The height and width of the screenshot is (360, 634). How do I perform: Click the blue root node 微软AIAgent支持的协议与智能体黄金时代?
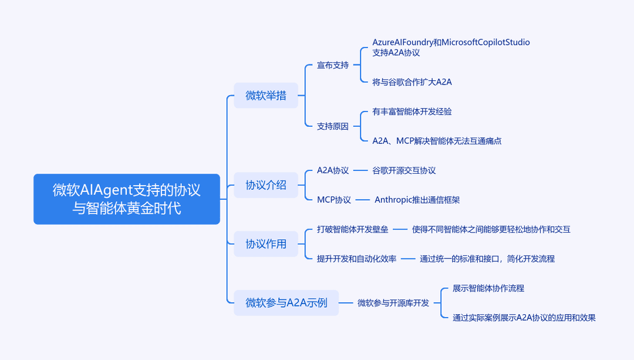click(127, 199)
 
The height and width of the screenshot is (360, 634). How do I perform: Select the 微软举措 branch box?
click(266, 96)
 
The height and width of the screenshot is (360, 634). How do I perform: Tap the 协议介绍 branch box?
click(266, 185)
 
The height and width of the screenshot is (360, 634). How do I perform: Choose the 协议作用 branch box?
click(266, 244)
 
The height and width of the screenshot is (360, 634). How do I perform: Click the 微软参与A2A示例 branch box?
click(286, 302)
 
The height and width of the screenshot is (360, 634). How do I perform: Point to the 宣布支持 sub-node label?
click(333, 65)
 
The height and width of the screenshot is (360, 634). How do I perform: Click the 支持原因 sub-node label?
click(333, 126)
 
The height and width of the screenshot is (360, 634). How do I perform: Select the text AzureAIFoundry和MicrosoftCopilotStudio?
click(451, 42)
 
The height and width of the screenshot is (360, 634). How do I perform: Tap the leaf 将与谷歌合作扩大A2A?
click(412, 82)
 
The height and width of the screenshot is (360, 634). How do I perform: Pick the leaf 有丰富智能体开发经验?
click(412, 112)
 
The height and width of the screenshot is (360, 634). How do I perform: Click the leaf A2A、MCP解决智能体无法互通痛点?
click(437, 141)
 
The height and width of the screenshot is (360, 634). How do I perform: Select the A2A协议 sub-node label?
click(333, 170)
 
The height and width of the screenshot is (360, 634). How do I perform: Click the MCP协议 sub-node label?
click(334, 200)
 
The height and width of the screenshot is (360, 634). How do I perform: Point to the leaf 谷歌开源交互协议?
click(404, 170)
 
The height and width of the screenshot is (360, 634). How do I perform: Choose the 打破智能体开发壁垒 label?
click(353, 230)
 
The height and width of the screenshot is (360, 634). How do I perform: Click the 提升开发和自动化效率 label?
click(357, 259)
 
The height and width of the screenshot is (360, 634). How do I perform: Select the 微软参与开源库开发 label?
click(393, 303)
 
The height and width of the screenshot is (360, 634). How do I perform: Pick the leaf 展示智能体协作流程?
click(488, 288)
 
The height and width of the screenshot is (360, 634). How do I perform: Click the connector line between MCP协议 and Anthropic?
click(363, 200)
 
